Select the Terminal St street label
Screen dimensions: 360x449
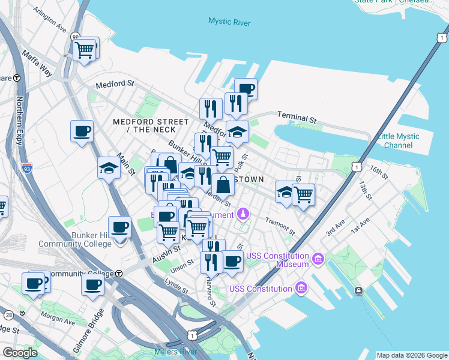297,116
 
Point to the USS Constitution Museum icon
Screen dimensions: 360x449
318,260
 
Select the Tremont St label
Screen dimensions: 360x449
280,226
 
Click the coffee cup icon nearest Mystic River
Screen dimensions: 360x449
246,89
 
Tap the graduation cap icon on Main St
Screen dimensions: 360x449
109,168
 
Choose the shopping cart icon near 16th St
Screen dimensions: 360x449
303,194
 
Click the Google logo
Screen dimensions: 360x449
20,353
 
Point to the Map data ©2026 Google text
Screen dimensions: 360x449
411,355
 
